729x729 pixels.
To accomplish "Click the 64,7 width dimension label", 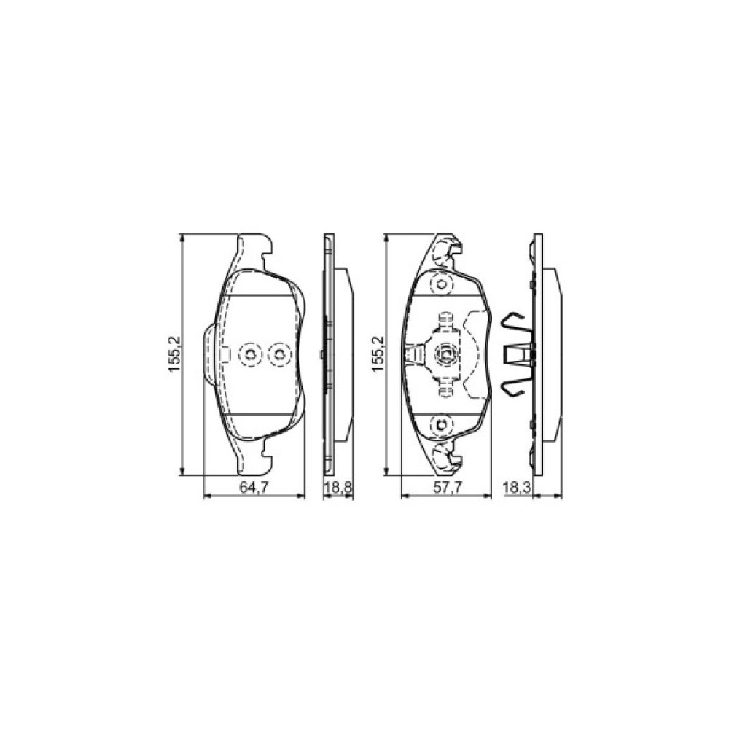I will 253,488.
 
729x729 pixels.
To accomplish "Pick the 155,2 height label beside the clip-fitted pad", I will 377,355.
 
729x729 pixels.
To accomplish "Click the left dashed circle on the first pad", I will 250,354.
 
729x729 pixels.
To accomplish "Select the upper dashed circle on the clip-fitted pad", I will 441,284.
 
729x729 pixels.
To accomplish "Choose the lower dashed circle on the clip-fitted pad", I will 441,424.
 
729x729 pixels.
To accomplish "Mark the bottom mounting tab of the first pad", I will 255,460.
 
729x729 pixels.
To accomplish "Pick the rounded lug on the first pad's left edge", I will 209,354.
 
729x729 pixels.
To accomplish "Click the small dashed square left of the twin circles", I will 225,354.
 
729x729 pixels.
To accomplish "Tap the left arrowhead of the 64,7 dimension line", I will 206,496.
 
